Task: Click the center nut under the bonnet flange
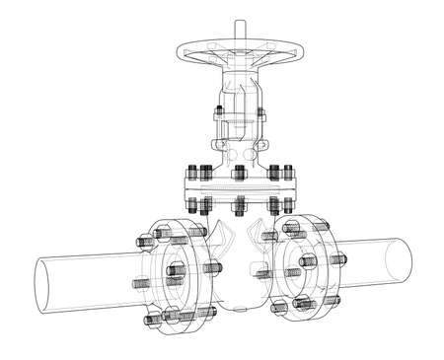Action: (x=238, y=206)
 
